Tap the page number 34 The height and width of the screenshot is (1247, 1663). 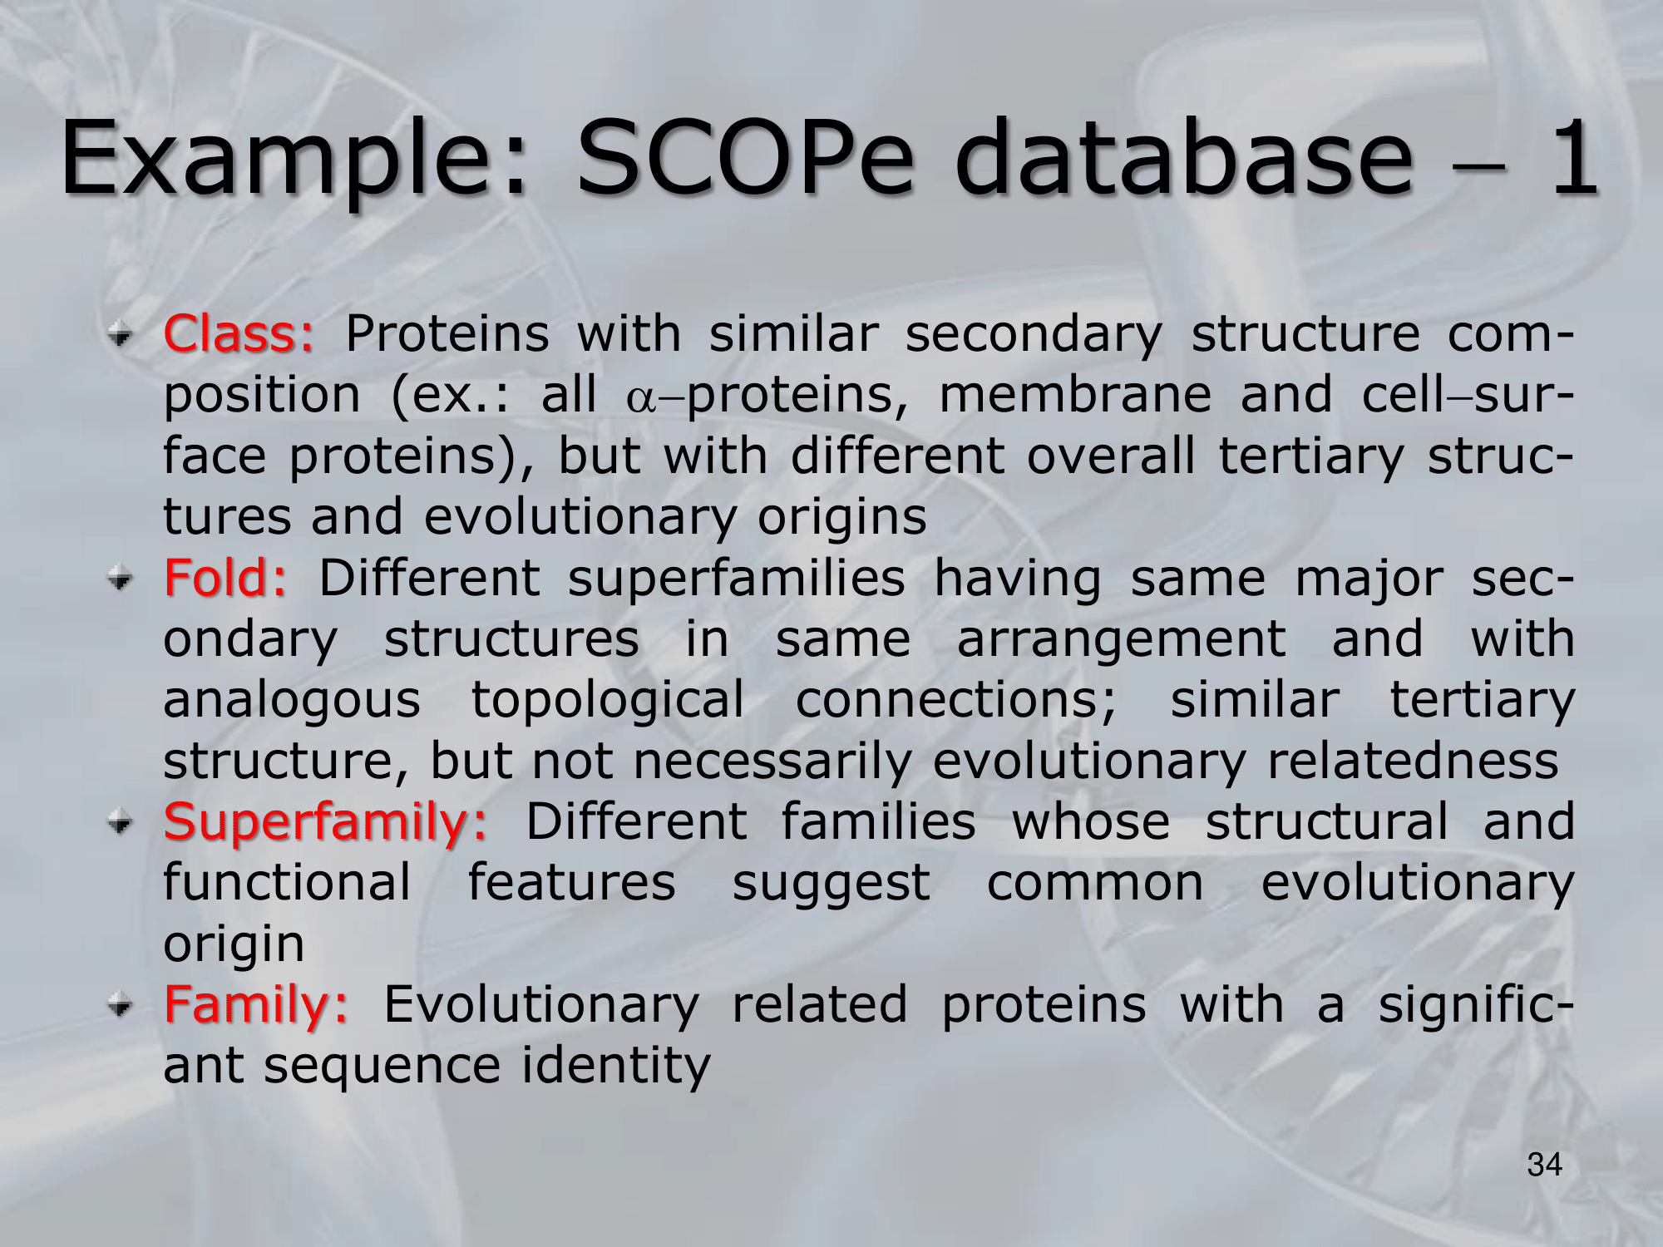1544,1165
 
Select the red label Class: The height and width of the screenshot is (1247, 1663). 239,334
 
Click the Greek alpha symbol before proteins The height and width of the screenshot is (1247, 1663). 641,398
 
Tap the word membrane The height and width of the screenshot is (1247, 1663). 1075,394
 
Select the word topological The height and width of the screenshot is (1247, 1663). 607,701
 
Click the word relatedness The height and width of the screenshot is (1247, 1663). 1412,761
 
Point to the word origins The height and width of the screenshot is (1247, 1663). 841,518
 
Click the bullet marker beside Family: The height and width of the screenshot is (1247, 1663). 121,1006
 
